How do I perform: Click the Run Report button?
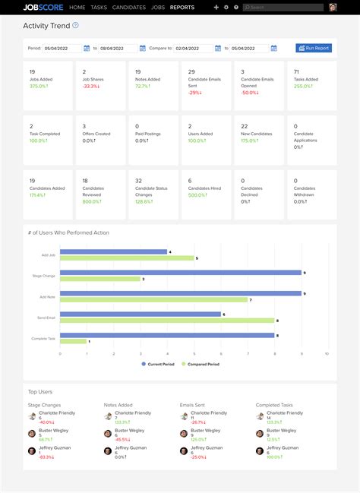314,48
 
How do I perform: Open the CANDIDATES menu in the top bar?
128,7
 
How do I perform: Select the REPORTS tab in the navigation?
182,7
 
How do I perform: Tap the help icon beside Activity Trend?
75,25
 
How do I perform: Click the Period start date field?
65,48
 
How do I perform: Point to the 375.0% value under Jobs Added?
38,86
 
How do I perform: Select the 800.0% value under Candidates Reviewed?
92,201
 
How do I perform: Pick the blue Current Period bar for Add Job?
113,251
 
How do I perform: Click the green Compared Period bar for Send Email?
167,321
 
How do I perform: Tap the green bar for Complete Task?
73,341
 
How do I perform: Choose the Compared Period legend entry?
201,364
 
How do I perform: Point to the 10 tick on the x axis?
327,353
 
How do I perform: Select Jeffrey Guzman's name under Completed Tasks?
283,447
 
